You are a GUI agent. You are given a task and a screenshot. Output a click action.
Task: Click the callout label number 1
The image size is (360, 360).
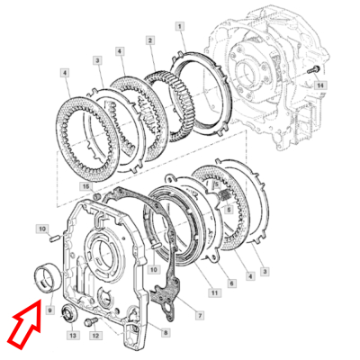click(180, 27)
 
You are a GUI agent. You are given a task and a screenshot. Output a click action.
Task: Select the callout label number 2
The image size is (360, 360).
click(150, 40)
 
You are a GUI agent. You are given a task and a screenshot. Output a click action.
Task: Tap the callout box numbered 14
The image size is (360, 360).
click(320, 85)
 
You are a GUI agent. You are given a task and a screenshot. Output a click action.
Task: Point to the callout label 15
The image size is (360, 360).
click(86, 186)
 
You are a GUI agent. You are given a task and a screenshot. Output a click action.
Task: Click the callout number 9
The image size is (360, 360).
click(49, 310)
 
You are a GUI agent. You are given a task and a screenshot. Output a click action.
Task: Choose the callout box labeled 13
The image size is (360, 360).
click(73, 335)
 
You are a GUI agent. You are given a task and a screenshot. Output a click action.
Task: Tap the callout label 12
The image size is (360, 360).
click(95, 336)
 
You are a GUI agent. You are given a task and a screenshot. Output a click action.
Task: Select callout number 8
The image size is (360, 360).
click(166, 332)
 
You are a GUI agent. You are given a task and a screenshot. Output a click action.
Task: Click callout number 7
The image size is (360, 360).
click(200, 315)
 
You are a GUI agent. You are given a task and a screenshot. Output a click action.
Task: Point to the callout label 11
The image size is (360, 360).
click(214, 292)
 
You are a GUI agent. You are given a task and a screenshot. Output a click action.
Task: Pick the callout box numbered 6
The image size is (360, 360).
click(231, 283)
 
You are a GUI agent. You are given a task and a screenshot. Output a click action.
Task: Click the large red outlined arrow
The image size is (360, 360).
click(25, 325)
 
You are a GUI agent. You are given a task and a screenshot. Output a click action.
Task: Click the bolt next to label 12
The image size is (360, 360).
click(91, 322)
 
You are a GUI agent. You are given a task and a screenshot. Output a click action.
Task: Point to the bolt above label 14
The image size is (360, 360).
click(314, 70)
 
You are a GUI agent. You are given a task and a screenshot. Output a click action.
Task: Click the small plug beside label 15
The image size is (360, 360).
click(96, 197)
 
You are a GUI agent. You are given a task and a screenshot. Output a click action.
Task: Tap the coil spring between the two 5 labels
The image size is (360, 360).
click(225, 196)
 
